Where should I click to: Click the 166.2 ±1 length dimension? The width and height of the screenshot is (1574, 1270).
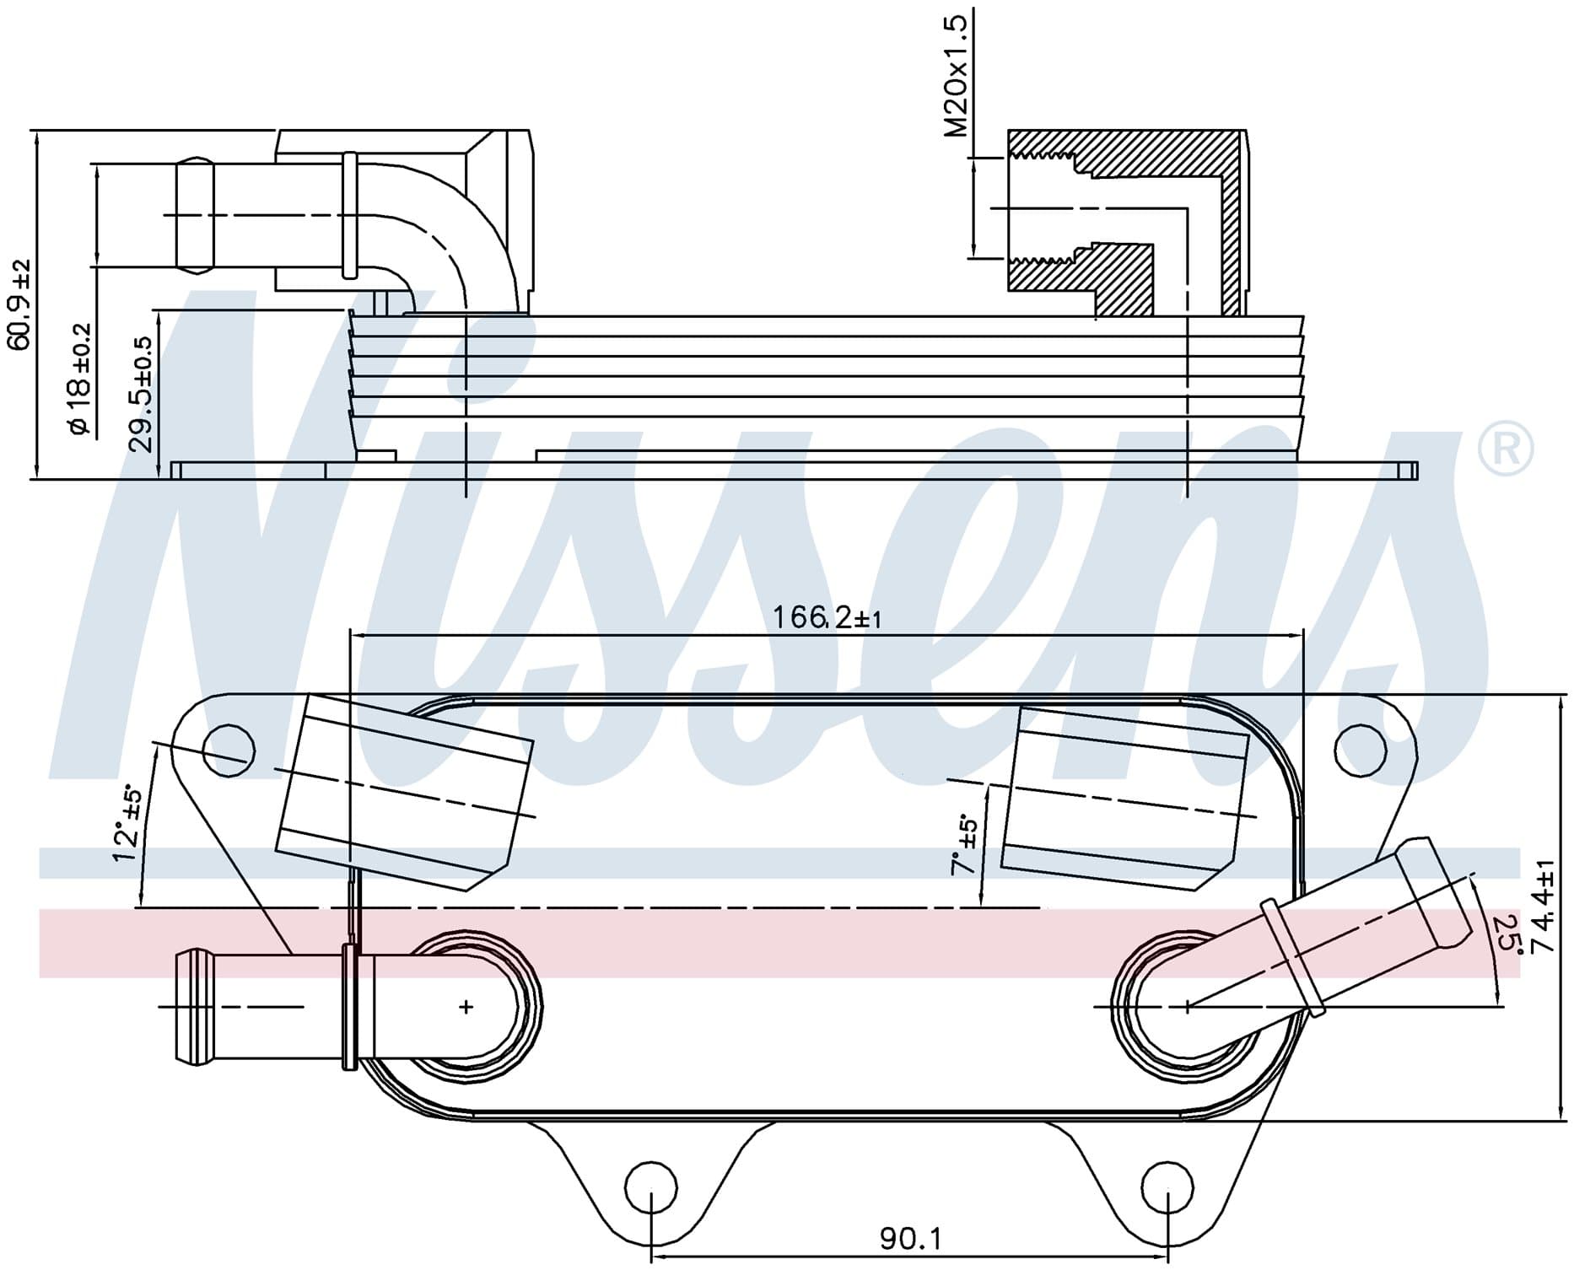pos(827,618)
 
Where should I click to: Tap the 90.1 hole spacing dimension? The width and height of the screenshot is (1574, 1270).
pos(910,1239)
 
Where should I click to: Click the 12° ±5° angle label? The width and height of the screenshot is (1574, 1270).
pos(127,823)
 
